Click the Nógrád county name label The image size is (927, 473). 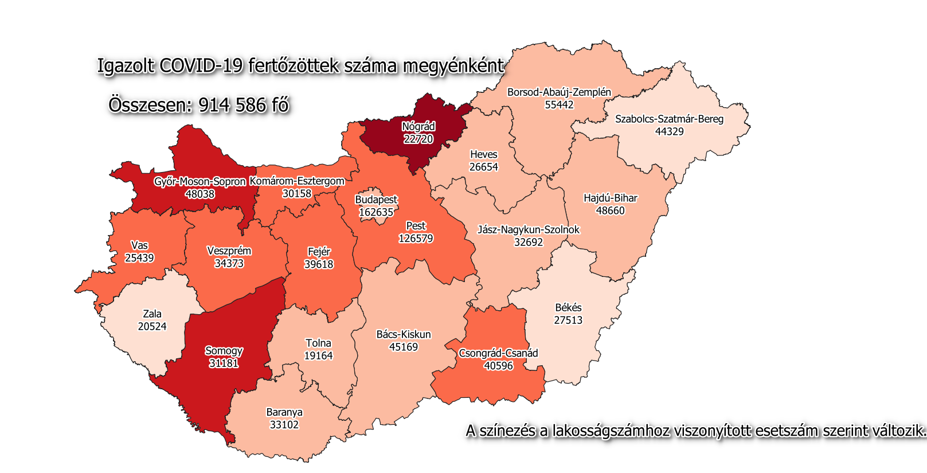(418, 127)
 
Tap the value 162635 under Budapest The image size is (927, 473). (376, 212)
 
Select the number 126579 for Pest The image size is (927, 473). (416, 239)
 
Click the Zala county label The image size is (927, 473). (152, 314)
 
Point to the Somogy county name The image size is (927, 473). (224, 351)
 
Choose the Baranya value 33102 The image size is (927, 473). (284, 425)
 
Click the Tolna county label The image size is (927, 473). (318, 343)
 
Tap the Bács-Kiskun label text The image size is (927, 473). (404, 334)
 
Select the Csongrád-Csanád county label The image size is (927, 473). (498, 353)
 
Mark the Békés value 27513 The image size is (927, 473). (568, 320)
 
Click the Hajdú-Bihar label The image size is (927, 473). (611, 198)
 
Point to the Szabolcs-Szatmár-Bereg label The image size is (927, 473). (669, 119)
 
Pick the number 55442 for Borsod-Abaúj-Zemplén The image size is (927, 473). (559, 105)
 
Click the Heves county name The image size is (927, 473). (484, 154)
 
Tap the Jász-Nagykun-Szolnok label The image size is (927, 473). (529, 230)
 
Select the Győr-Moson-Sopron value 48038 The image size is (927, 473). (200, 194)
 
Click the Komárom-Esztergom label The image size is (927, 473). (297, 181)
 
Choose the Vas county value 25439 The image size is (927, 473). (139, 258)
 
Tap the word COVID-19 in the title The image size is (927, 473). (201, 66)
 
